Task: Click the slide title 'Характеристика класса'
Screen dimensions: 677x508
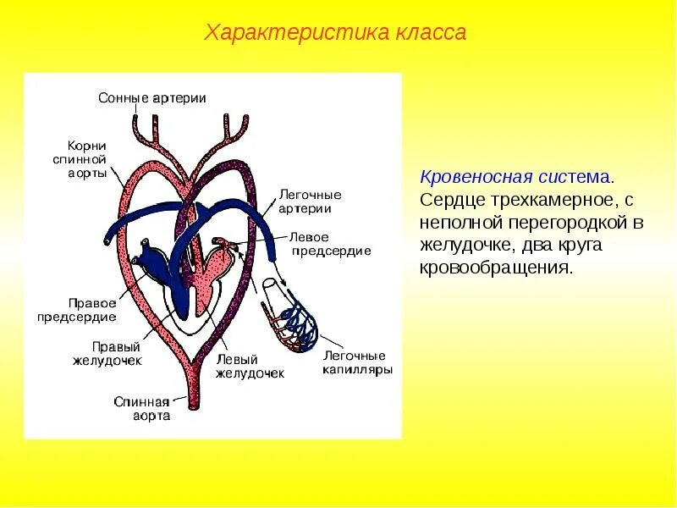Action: click(x=336, y=33)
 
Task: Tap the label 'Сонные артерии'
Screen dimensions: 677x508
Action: click(x=152, y=98)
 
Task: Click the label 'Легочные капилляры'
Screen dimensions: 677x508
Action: click(x=356, y=362)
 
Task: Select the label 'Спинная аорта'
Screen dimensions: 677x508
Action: click(x=142, y=409)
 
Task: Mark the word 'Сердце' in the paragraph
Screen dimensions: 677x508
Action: click(x=449, y=201)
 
